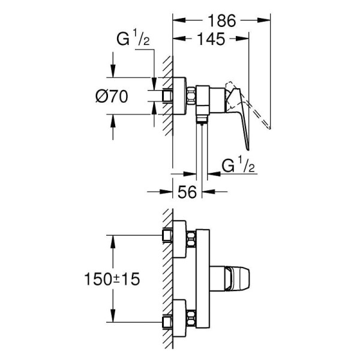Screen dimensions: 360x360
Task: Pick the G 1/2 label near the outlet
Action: [x=238, y=165]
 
